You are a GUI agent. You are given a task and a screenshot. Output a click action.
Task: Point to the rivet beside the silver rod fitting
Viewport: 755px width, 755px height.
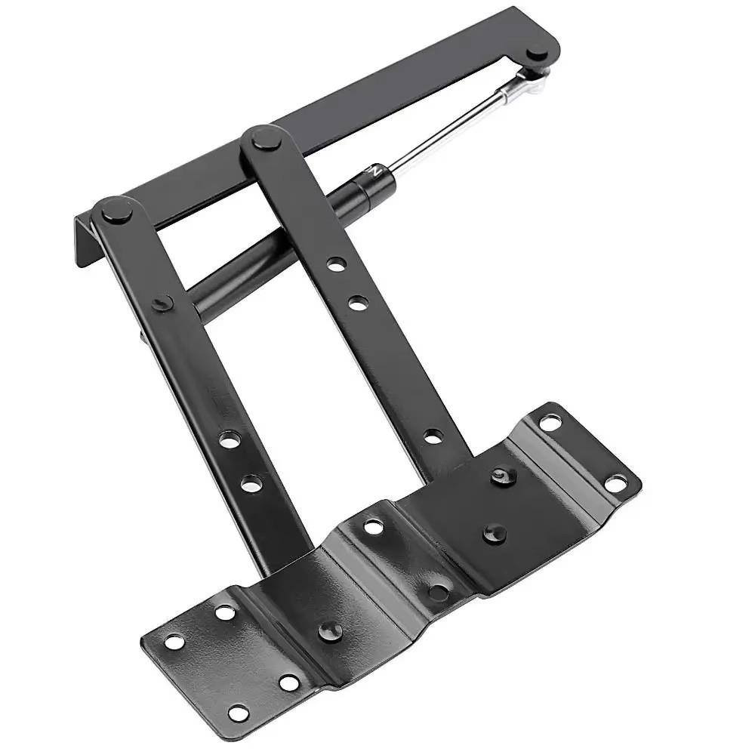click(538, 53)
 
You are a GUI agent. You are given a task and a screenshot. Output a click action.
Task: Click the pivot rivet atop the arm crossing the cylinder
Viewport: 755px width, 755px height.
click(266, 138)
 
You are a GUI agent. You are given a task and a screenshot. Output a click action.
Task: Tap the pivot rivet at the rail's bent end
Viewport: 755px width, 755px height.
click(115, 209)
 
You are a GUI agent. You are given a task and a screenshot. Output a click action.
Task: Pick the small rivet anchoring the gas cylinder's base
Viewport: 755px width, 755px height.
click(162, 303)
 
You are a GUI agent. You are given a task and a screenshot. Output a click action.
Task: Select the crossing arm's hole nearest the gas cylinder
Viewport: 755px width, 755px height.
click(337, 264)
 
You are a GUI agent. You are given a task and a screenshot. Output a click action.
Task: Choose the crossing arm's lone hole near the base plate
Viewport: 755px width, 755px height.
click(433, 436)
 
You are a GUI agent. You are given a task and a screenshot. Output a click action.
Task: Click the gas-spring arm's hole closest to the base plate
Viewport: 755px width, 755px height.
click(251, 483)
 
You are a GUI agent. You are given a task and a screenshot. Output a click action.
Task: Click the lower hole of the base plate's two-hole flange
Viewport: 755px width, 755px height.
click(616, 481)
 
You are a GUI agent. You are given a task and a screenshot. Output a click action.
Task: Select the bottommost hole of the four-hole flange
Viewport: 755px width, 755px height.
click(239, 712)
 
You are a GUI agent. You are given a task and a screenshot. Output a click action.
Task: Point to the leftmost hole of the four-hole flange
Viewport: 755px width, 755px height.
click(174, 643)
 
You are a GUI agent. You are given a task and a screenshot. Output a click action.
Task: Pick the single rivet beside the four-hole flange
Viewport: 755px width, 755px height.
click(330, 630)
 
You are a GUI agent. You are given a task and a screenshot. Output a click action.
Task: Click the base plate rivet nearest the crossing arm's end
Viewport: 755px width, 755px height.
click(502, 476)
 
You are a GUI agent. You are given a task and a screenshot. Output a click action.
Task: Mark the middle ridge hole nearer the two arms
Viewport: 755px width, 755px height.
click(374, 526)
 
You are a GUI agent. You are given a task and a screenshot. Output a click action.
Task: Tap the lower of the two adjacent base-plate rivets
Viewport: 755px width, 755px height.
click(495, 532)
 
